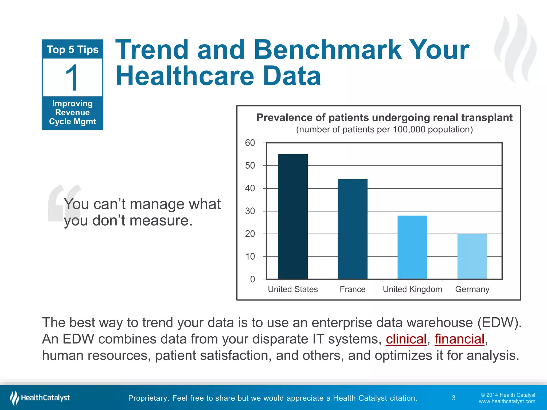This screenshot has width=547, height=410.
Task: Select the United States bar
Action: [x=293, y=216]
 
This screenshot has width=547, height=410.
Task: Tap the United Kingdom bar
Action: [x=412, y=247]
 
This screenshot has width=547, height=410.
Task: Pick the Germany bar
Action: [x=472, y=256]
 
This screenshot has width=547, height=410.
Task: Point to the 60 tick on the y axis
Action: [x=250, y=143]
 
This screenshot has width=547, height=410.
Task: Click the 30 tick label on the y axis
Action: [x=250, y=211]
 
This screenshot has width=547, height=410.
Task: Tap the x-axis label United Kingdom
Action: [x=412, y=289]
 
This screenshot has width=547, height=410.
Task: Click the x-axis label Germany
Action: [x=472, y=289]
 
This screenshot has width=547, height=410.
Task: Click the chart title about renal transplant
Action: [x=384, y=117]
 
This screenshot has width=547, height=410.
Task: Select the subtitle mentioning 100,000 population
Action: [x=384, y=129]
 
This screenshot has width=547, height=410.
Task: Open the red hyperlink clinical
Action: [x=406, y=339]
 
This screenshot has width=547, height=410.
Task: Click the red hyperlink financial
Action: [x=459, y=339]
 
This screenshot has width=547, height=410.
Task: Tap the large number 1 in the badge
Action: [x=72, y=78]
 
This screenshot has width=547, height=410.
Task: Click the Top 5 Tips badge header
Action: [x=72, y=50]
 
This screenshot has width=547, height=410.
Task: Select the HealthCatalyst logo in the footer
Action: [x=40, y=398]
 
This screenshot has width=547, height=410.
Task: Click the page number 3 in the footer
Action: [x=454, y=398]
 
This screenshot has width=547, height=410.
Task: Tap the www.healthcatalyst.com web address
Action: [x=507, y=401]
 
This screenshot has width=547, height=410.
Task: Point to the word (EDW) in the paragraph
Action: [x=499, y=322]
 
